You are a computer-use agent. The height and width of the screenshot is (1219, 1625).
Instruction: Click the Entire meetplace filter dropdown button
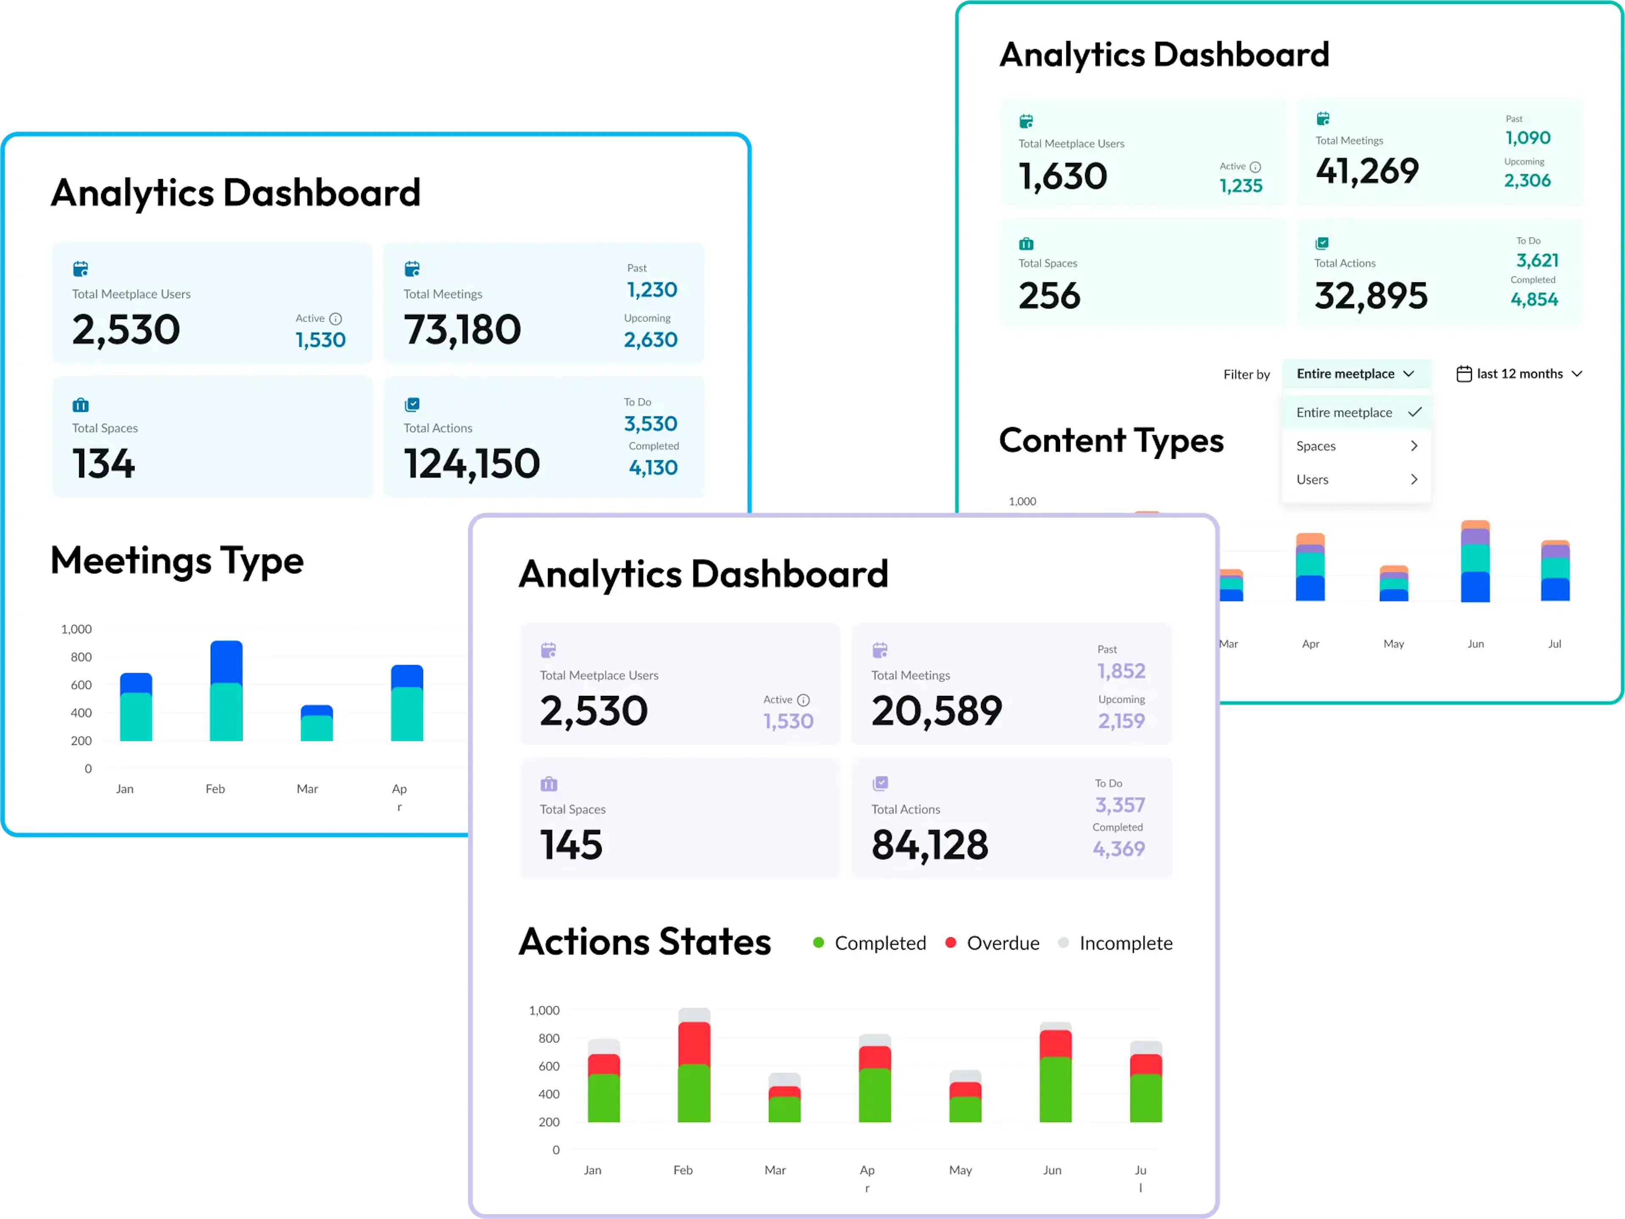coord(1356,374)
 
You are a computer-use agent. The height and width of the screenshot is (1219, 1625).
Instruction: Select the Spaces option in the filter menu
coord(1356,446)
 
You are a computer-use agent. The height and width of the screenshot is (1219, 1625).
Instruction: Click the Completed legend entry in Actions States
coord(870,943)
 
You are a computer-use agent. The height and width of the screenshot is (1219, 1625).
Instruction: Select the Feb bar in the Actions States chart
coord(694,1065)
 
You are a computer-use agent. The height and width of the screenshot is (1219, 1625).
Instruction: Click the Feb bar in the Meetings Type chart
coord(226,691)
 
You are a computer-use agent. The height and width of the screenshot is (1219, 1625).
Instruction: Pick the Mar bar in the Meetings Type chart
coord(317,723)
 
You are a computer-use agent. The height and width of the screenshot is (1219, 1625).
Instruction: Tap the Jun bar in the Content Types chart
coord(1475,561)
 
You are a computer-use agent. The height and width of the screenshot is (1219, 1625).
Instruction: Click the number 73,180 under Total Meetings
coord(462,329)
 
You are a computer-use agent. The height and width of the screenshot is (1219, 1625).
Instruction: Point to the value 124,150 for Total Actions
coord(472,463)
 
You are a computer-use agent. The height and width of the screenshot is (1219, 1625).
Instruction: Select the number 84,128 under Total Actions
coord(929,845)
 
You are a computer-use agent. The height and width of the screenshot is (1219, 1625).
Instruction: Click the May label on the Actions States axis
coord(960,1170)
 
